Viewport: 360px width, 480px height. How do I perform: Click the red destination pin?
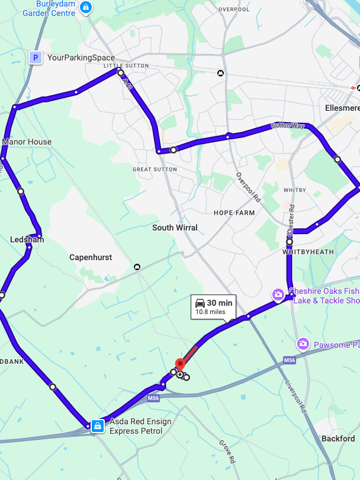[180, 365]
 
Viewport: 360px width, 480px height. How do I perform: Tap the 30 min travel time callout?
[213, 306]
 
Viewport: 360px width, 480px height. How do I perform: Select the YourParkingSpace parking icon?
[36, 57]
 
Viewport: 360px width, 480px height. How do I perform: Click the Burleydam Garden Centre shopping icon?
[86, 8]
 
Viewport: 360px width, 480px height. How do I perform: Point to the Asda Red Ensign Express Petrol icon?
[98, 425]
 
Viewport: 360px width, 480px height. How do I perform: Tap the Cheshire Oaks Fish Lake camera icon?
[278, 295]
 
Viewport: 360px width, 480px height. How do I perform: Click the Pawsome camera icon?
[303, 344]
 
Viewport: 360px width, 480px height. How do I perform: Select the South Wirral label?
[175, 228]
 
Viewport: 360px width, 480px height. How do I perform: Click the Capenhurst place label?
[91, 257]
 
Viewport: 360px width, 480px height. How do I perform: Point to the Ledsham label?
[27, 239]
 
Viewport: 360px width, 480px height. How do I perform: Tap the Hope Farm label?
[234, 213]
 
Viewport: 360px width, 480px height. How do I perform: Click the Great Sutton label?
[155, 169]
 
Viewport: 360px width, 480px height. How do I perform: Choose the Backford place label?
[337, 439]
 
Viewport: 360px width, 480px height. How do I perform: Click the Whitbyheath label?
[308, 252]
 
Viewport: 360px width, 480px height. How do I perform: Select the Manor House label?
[27, 142]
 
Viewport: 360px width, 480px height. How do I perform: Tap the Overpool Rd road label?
[247, 188]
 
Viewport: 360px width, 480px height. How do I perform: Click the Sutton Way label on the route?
[288, 126]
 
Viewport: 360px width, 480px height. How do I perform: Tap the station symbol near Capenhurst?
[137, 267]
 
